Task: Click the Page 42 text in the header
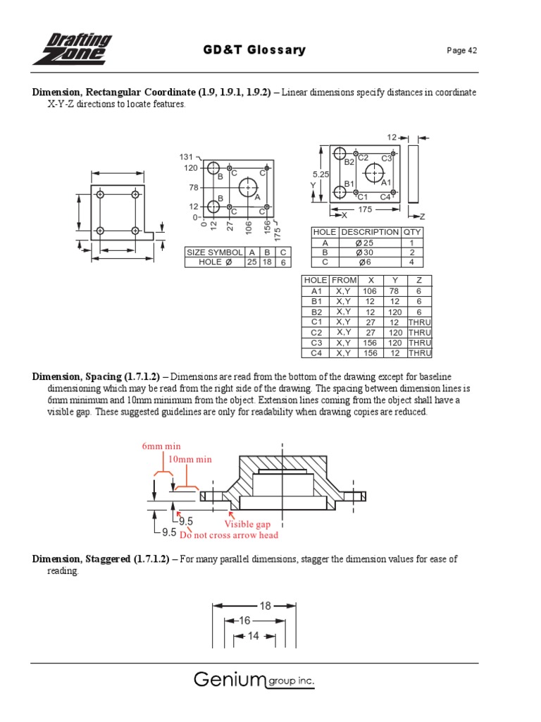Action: point(463,51)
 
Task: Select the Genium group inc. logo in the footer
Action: point(254,680)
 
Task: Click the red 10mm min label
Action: point(189,460)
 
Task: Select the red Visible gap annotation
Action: point(247,525)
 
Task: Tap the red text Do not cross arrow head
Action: point(229,535)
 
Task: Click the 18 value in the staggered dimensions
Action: point(266,605)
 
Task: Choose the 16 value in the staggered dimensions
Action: point(244,620)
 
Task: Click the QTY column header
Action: point(411,232)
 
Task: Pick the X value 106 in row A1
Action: point(370,290)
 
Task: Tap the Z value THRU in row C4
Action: point(420,353)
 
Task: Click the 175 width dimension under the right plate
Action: point(365,209)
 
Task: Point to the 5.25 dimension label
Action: point(321,173)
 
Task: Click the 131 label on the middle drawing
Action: point(186,157)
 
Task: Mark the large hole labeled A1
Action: point(374,172)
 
